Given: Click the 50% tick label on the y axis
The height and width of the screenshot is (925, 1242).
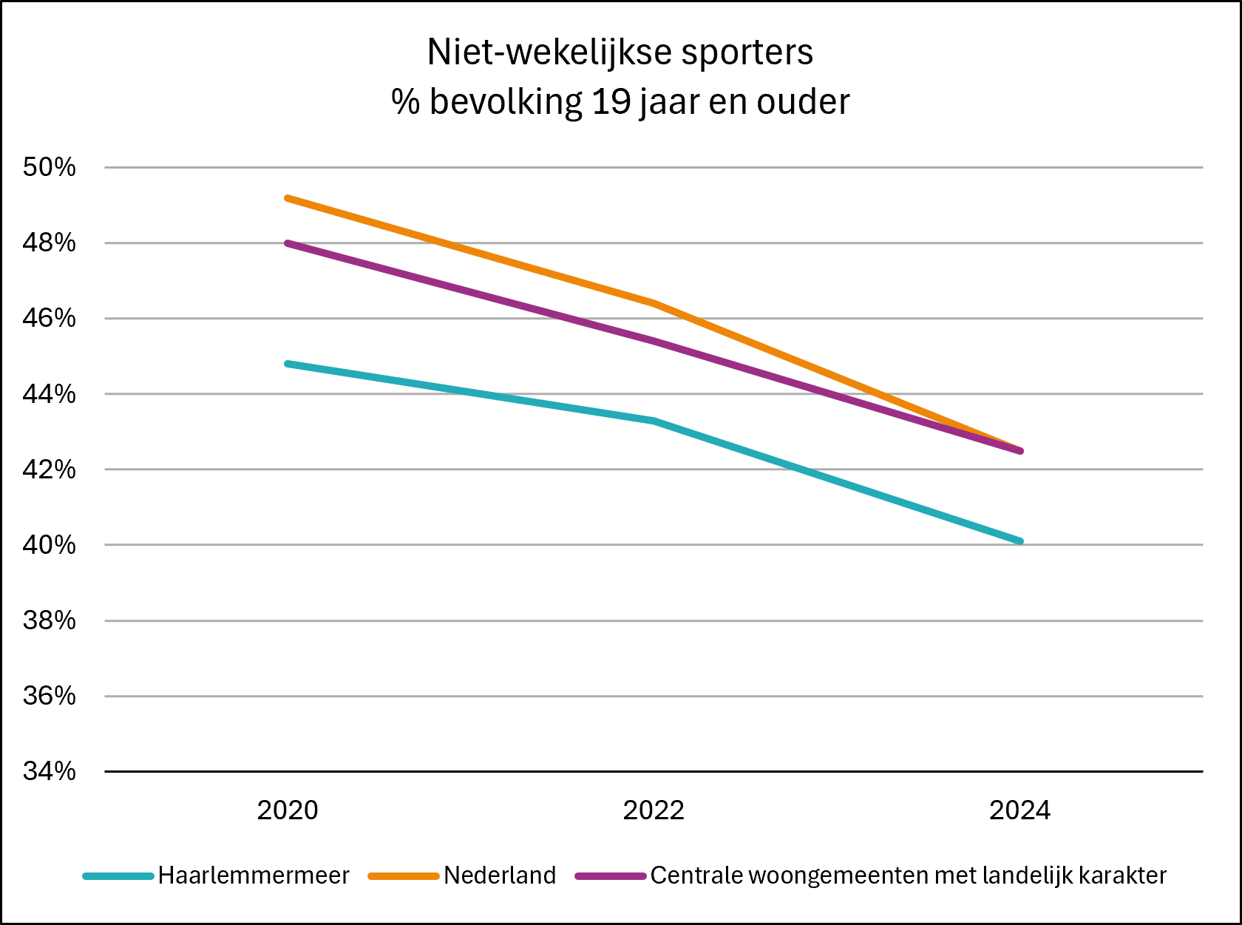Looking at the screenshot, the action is (x=49, y=167).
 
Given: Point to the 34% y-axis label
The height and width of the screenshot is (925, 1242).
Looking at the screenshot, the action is (x=49, y=771).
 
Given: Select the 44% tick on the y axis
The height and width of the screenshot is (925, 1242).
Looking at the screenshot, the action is (x=49, y=394).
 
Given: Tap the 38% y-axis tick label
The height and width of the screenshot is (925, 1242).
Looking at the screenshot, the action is (x=49, y=621).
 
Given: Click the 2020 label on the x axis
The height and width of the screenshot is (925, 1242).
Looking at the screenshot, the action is (x=288, y=810).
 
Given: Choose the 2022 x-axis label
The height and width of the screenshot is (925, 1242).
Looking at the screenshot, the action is (x=654, y=810).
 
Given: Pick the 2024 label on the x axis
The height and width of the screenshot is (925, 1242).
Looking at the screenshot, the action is (x=1019, y=810).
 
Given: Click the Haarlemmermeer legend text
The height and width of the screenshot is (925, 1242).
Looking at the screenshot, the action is (x=254, y=875).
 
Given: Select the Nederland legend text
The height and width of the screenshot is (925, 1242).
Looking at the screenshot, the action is (x=500, y=875).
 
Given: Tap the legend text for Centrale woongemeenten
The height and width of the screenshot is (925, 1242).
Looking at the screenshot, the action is (x=909, y=875).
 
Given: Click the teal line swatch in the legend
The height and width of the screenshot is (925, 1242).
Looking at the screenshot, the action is (x=118, y=876).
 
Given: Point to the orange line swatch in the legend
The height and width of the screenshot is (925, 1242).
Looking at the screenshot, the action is (x=403, y=876).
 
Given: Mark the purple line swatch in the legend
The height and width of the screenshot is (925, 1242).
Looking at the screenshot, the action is (x=611, y=876).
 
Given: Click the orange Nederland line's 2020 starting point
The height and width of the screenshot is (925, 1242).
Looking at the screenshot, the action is (x=288, y=198).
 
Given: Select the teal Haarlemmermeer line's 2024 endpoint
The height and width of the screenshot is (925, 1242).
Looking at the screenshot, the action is (x=1020, y=541).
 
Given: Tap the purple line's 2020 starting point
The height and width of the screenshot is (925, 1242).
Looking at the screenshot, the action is (x=288, y=243).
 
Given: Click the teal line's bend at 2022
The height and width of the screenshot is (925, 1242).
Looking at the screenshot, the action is (x=654, y=421).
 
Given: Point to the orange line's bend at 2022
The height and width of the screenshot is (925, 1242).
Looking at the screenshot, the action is (x=654, y=304).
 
